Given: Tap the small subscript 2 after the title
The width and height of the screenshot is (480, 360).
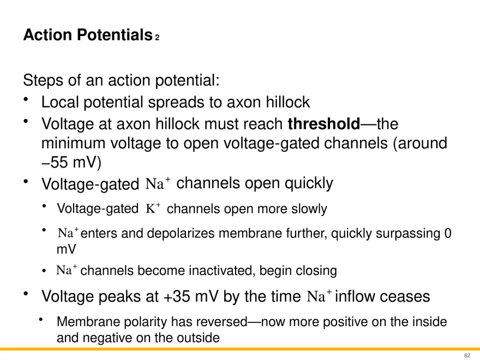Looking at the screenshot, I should pyautogui.click(x=157, y=38).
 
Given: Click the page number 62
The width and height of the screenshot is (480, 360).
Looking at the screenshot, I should pyautogui.click(x=467, y=355).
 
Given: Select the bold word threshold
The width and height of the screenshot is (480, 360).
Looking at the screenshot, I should pyautogui.click(x=323, y=124).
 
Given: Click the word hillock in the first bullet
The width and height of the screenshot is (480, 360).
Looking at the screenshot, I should pyautogui.click(x=285, y=102).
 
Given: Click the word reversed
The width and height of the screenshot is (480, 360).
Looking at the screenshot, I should pyautogui.click(x=218, y=322).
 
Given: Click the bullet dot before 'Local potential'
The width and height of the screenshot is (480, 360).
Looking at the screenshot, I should pyautogui.click(x=26, y=100).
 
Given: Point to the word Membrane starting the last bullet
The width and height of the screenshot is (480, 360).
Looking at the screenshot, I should pyautogui.click(x=86, y=322).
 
